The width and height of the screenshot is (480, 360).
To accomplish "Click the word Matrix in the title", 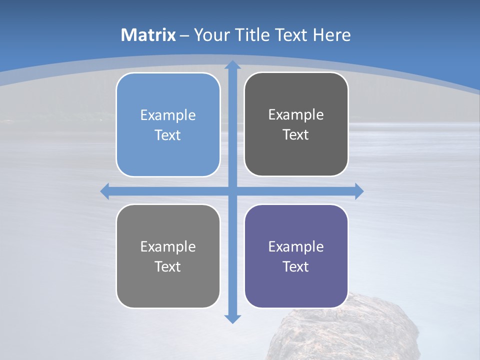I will point(148,35).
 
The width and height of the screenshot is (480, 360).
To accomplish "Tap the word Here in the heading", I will point(331,35).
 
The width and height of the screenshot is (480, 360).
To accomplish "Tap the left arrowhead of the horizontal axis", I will point(105,191).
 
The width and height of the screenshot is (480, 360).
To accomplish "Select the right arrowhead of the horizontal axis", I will point(358,191).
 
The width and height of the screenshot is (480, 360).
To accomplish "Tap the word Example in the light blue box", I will point(168,115).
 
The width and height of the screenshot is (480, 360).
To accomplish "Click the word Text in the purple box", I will point(296,266).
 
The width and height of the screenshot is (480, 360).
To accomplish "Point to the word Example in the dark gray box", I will point(296,115).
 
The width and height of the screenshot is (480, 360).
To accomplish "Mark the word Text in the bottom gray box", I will point(168,266).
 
